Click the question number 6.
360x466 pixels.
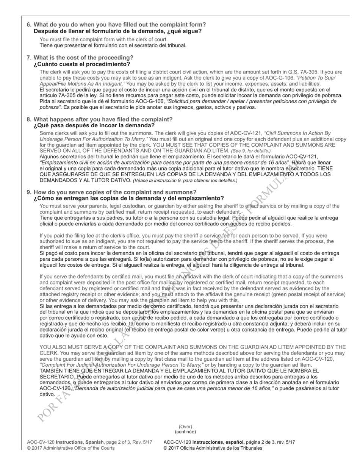click(x=29, y=25)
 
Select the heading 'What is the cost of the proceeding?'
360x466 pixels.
click(x=83, y=58)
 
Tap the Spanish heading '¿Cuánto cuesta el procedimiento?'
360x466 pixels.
click(x=82, y=64)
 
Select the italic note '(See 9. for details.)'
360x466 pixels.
click(x=250, y=151)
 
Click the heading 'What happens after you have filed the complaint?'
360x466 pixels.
click(x=103, y=119)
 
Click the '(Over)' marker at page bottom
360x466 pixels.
click(x=185, y=427)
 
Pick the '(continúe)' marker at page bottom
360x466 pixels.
click(x=185, y=432)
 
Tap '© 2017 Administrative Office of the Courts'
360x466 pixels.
click(x=70, y=448)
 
